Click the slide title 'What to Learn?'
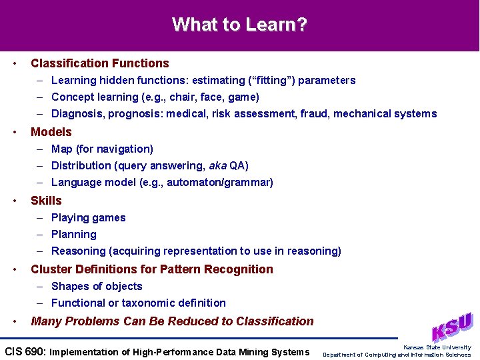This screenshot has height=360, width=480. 239,25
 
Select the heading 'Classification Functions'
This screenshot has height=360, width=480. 100,63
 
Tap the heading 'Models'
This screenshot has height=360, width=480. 51,132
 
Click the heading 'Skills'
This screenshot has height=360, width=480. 46,201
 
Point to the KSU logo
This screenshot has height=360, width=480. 451,327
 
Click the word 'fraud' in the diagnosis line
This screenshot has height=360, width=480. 313,114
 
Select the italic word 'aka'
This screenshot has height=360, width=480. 217,166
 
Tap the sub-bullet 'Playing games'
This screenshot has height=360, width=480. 88,218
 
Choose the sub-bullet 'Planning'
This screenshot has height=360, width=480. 73,235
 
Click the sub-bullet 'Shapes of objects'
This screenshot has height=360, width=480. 97,287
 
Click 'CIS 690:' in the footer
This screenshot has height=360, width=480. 25,352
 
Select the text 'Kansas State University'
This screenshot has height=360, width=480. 437,347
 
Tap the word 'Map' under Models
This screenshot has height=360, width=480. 61,149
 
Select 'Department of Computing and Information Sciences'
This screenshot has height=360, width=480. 397,355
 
